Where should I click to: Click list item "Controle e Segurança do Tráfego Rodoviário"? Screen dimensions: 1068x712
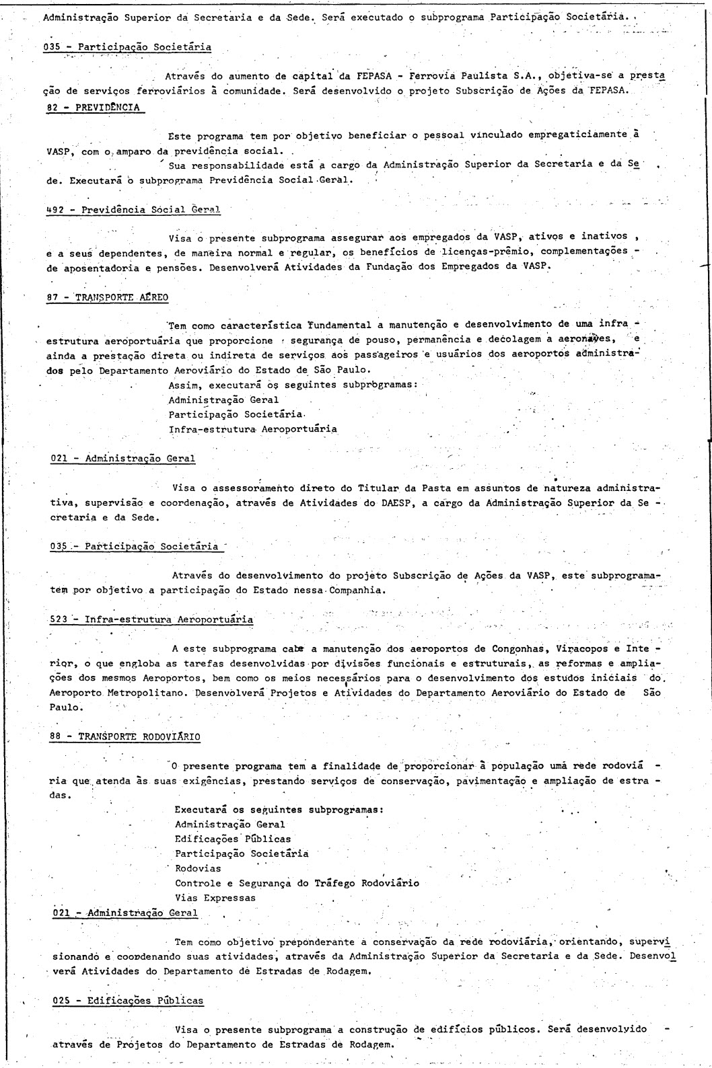[297, 882]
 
